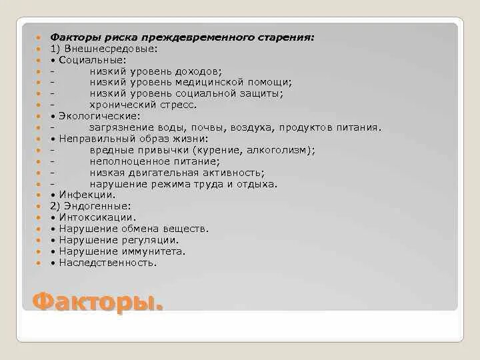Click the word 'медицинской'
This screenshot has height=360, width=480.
tap(211, 83)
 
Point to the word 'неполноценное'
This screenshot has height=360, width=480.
tap(127, 161)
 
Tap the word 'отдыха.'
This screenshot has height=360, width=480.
tap(257, 184)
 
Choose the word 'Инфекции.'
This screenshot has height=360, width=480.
tap(87, 195)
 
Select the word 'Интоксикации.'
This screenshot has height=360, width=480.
tap(97, 217)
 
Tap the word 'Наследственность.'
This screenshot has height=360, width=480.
tap(108, 263)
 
